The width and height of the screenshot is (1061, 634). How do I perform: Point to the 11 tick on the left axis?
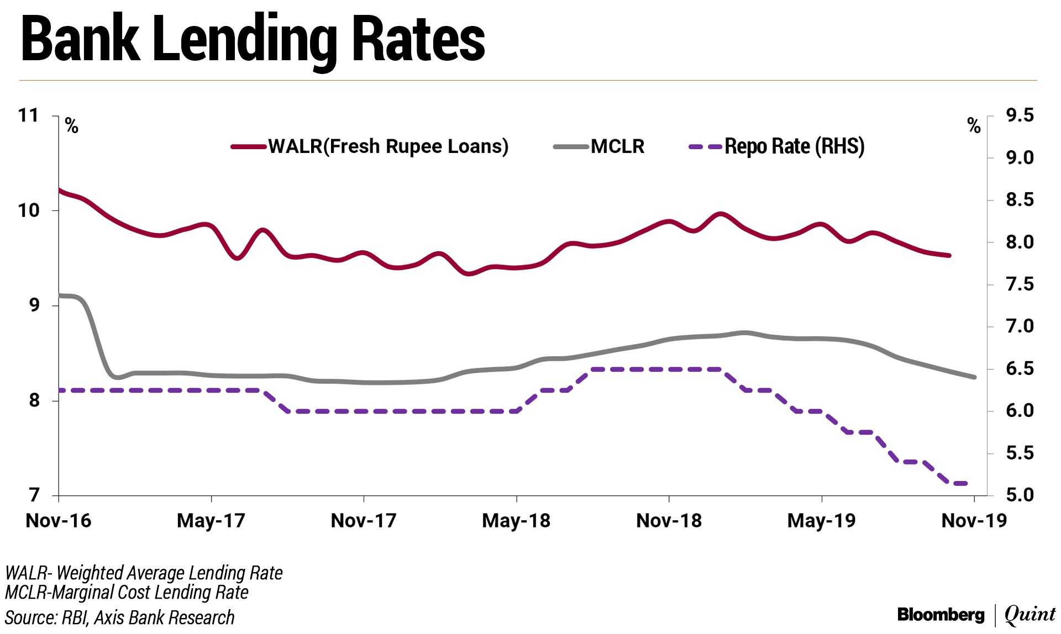[x=29, y=115]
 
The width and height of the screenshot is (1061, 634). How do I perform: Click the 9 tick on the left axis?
[x=34, y=305]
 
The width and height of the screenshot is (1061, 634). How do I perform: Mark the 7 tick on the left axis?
[x=34, y=495]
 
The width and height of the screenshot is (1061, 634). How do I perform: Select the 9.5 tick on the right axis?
[x=1020, y=115]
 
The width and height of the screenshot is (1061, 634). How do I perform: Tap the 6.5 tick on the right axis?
[x=1020, y=368]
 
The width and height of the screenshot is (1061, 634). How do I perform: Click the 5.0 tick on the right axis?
[x=1020, y=495]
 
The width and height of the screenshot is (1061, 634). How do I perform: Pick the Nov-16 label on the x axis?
[x=59, y=521]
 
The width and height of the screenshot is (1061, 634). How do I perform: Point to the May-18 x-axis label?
[x=516, y=521]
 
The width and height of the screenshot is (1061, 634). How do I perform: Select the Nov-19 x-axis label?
[x=974, y=521]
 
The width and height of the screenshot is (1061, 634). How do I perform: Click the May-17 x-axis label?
[x=211, y=521]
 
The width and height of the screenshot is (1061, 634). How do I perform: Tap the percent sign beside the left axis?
[x=72, y=126]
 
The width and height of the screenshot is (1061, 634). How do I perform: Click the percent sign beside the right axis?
[x=974, y=126]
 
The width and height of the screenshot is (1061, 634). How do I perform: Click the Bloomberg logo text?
[x=941, y=615]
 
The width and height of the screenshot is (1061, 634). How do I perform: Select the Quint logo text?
[x=1030, y=615]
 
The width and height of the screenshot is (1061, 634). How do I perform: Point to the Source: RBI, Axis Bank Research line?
[x=120, y=617]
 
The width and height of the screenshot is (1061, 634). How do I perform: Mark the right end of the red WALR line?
[x=949, y=256]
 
